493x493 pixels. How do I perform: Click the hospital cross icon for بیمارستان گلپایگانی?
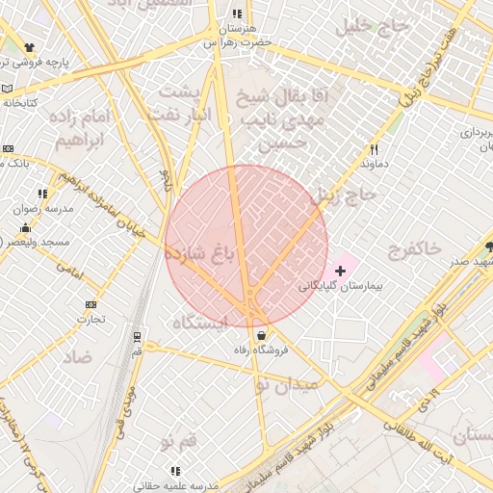coord(340,272)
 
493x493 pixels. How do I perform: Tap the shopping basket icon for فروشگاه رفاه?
coord(262,335)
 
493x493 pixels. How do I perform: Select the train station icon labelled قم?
coord(138,337)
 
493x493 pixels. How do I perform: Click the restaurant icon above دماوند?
coord(374,149)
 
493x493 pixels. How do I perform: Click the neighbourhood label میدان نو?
coord(285,385)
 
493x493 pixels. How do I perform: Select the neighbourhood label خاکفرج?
coord(414,250)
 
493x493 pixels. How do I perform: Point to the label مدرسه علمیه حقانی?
coord(175,486)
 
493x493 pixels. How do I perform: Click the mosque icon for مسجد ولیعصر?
coord(25,227)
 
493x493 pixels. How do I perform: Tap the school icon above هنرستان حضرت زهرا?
coord(237,14)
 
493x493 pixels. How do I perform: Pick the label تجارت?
coord(91,319)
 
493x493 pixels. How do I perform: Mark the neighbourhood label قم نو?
coord(179,442)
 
